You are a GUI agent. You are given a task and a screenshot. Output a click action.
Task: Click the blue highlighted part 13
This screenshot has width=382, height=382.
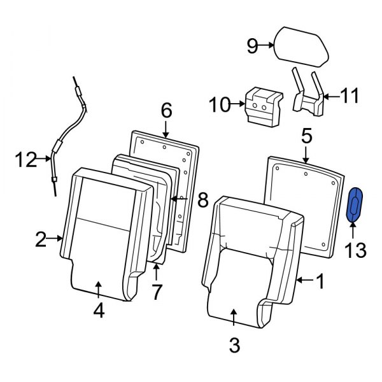pos(355,205)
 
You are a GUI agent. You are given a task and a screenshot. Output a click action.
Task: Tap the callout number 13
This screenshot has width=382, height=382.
pos(356,250)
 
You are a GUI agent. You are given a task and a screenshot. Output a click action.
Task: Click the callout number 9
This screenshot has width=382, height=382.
pos(253,45)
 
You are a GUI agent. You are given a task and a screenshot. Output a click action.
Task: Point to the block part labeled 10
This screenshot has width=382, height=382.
pos(262,103)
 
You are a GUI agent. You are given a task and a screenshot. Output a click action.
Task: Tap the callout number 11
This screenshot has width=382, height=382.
pos(349,97)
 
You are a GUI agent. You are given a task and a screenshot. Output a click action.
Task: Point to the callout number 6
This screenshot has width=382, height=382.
pos(166,111)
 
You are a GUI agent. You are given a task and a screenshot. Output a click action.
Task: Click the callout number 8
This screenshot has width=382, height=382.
pos(202,201)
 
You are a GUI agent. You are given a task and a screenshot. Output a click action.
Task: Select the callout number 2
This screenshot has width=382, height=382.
pos(41,239)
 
